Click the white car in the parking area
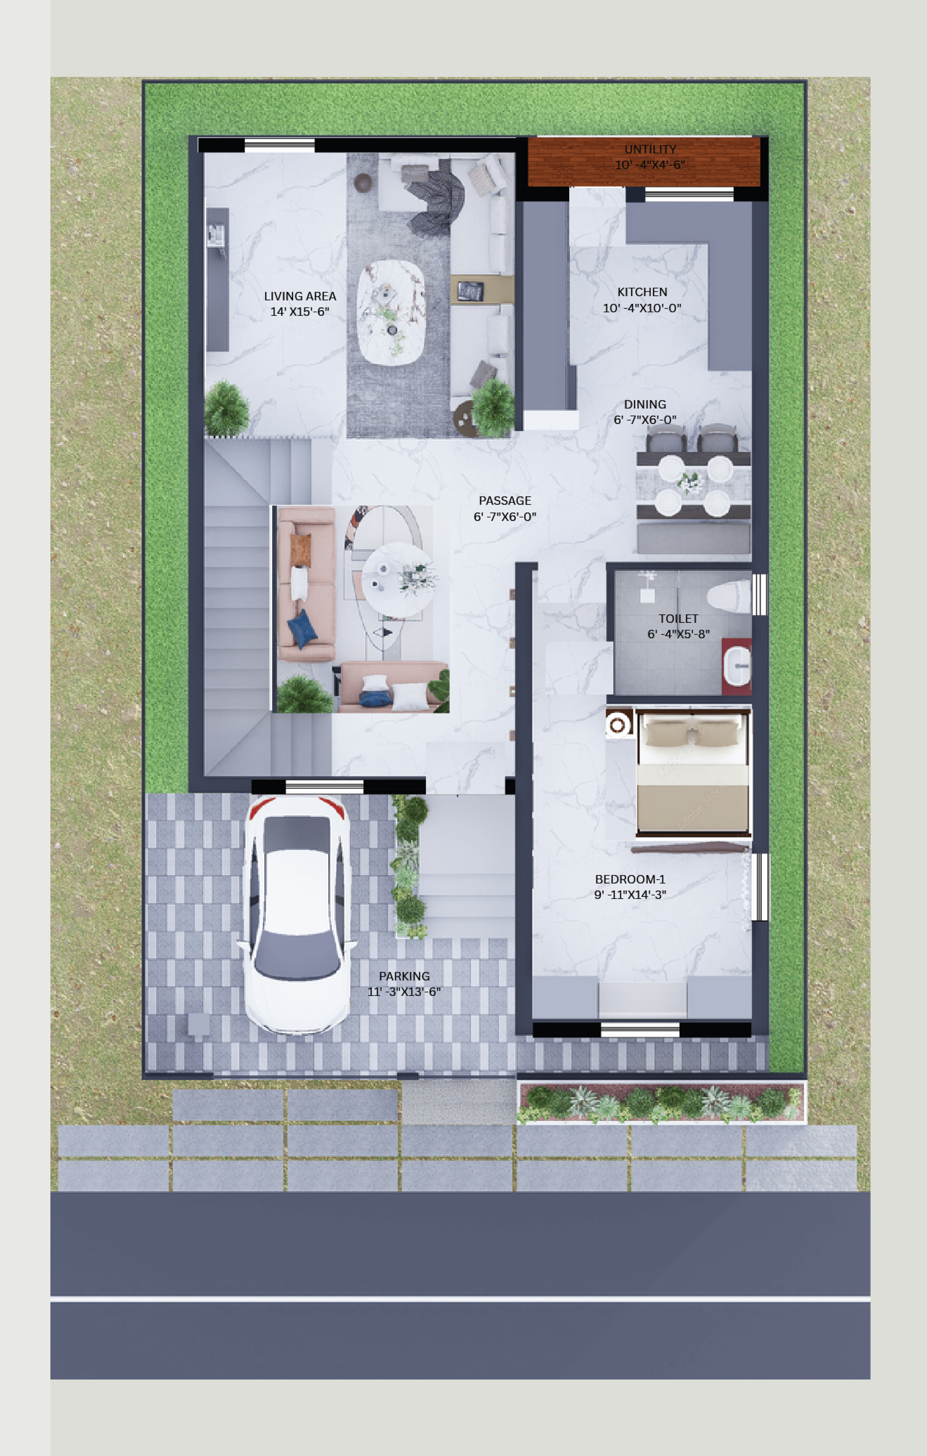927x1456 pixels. tap(296, 914)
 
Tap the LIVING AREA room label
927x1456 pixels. tap(300, 296)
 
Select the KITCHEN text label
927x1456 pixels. tap(642, 292)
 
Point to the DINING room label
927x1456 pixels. tap(645, 405)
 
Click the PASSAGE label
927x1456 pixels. tap(505, 501)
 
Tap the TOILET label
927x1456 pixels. tap(678, 619)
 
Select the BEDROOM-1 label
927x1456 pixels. tap(630, 879)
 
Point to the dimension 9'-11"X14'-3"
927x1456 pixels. tap(630, 895)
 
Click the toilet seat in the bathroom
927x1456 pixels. tap(729, 596)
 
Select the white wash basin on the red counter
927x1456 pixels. tap(737, 666)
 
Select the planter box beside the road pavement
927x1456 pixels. tap(661, 1103)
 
